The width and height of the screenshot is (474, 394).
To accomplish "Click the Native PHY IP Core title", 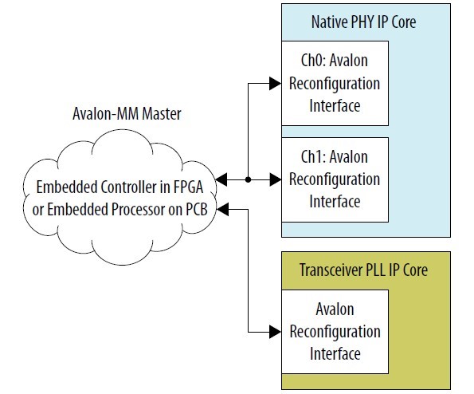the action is [363, 22].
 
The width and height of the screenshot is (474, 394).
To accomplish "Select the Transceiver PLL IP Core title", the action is [363, 270].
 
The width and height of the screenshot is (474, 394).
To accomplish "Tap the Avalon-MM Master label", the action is [127, 114].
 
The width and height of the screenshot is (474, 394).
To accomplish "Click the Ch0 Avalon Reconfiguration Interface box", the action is [335, 83].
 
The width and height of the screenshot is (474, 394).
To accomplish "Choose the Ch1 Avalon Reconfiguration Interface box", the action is [335, 179].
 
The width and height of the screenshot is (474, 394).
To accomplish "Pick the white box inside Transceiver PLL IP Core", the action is [335, 332].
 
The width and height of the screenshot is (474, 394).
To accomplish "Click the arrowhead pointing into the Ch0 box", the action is [276, 84].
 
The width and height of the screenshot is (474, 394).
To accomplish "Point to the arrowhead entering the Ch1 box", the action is [276, 179].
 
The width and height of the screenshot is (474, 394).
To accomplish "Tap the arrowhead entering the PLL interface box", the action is [276, 332].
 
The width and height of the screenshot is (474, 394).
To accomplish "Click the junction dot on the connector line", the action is [249, 179].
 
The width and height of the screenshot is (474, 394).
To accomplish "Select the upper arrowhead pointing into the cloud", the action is [221, 179].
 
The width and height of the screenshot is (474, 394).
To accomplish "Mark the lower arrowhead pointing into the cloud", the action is [223, 209].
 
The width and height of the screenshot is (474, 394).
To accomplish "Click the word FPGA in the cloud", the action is [188, 187].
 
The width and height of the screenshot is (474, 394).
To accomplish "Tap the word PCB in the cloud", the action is [197, 210].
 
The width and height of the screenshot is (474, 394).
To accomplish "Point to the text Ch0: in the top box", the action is [313, 61].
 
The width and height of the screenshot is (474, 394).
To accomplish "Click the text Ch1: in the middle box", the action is [313, 157].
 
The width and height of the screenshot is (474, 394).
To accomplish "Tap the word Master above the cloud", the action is [162, 114].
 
